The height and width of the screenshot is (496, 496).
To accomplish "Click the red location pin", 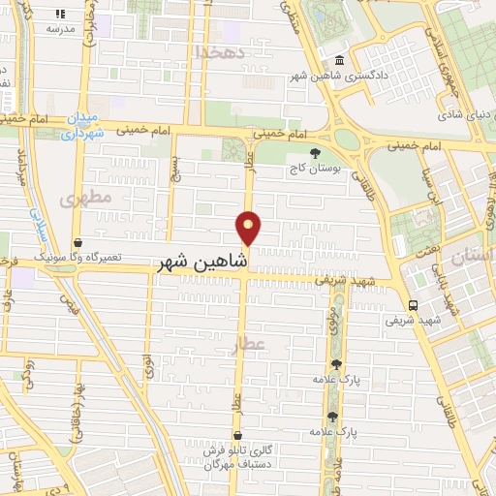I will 249,228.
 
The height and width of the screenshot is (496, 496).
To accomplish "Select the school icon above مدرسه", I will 60,15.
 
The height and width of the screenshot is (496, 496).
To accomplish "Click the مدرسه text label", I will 60,29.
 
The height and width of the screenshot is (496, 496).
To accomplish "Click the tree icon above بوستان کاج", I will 314,153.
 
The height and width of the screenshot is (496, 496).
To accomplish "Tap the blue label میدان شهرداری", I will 81,127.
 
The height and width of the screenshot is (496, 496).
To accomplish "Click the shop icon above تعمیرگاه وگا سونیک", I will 78,244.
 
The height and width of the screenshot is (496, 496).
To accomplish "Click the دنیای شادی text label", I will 460,115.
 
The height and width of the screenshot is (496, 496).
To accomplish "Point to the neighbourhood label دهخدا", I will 213,50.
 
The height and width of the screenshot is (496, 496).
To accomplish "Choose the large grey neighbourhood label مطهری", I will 85,199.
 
